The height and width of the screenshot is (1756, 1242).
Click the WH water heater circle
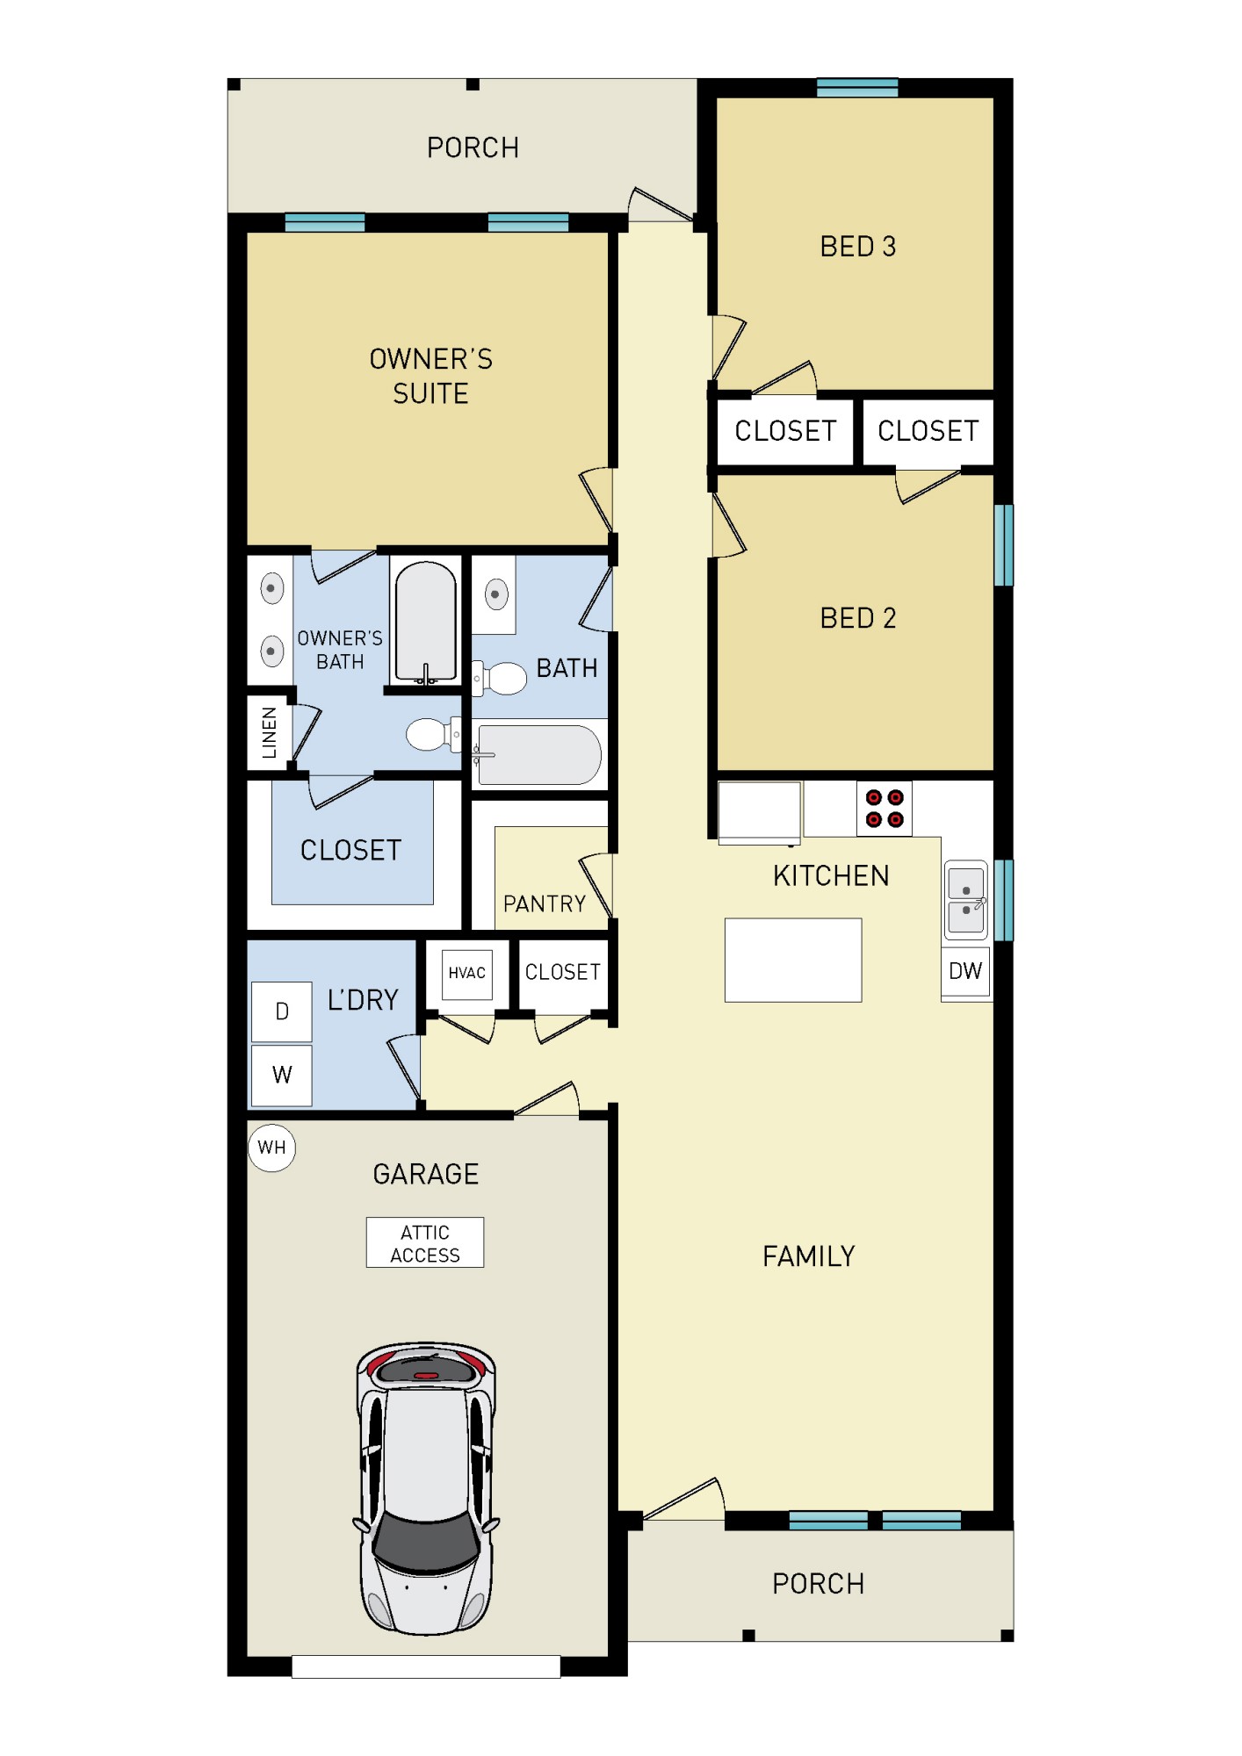point(271,1147)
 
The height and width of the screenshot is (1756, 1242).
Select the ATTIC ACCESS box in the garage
point(424,1242)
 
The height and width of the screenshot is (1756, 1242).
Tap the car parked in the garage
point(427,1487)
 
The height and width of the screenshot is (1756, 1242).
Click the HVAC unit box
point(466,974)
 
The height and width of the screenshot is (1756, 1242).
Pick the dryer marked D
point(281,1011)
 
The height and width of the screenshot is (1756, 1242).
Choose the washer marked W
point(281,1075)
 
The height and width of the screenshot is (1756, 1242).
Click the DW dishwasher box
point(965,971)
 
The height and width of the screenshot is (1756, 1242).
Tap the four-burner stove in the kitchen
point(884,809)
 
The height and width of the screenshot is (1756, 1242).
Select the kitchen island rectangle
point(792,960)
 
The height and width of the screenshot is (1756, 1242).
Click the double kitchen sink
point(965,900)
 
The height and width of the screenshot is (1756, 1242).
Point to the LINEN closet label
point(270,732)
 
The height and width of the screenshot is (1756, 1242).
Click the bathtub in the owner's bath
point(425,622)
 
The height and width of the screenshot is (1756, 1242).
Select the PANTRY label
point(544,903)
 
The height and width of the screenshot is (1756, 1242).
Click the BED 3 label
point(857,247)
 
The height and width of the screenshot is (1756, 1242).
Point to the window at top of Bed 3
point(856,87)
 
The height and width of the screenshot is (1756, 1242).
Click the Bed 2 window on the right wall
point(1003,544)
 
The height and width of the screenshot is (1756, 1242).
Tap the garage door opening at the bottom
point(426,1666)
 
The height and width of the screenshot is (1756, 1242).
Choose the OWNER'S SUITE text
point(430,376)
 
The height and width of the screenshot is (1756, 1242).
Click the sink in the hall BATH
point(495,594)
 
